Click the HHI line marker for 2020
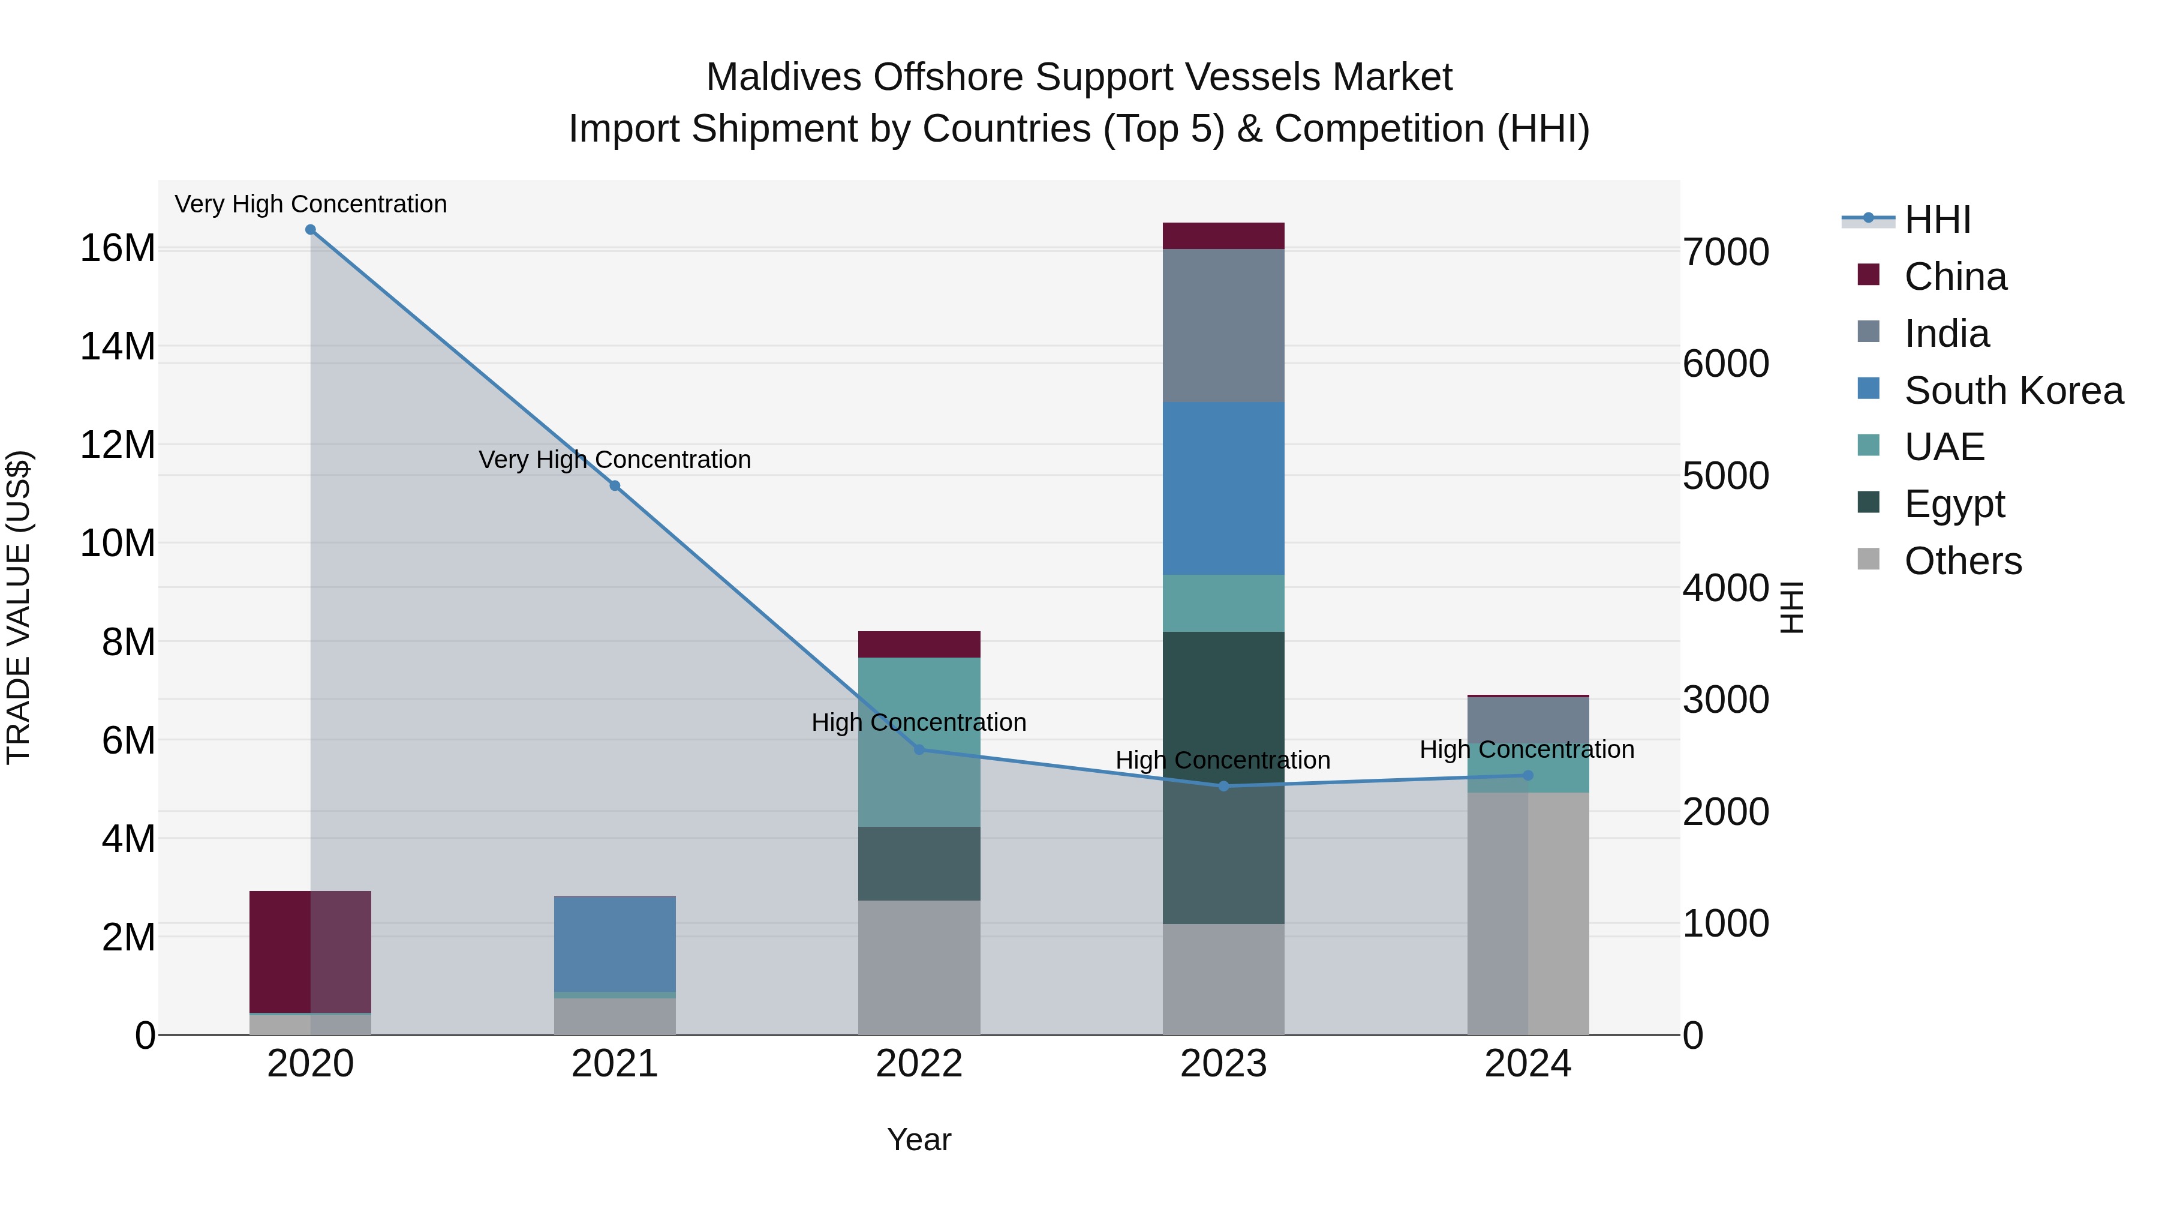[x=310, y=230]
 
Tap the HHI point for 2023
[x=1223, y=785]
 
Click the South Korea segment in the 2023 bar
[x=1223, y=488]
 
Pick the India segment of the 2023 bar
[x=1223, y=325]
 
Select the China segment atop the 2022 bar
[x=919, y=644]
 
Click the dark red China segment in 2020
[x=281, y=952]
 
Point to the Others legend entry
[x=1962, y=561]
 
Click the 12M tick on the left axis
[x=118, y=445]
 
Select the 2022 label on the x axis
[x=919, y=1064]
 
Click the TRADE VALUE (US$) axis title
[x=19, y=607]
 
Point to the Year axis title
[x=919, y=1139]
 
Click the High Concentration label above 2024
[x=1526, y=749]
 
